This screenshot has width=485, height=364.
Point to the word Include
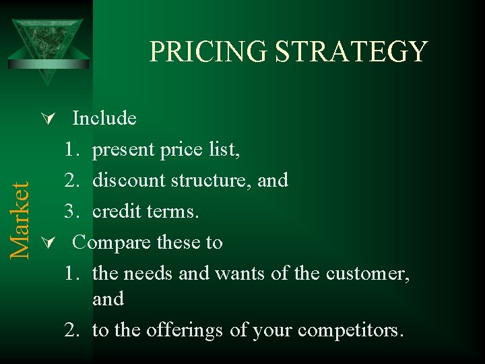tap(104, 119)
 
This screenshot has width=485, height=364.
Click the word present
tap(124, 150)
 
